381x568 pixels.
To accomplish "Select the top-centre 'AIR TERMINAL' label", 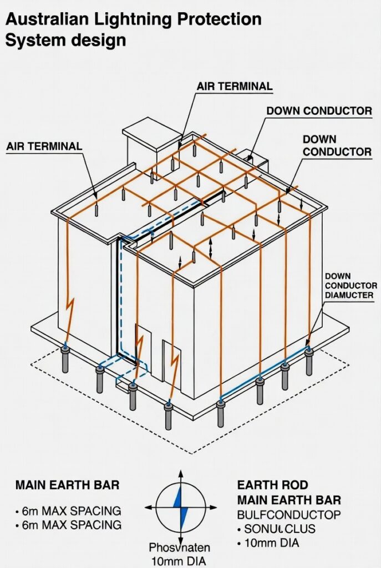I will (235, 87).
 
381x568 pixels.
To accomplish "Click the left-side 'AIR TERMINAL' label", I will (44, 146).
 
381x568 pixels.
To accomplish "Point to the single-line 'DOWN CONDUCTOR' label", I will (319, 111).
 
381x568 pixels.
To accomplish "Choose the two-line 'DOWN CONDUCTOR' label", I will (337, 145).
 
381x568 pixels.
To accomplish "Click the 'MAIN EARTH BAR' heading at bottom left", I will (67, 485).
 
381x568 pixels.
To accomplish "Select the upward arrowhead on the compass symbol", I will (180, 475).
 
